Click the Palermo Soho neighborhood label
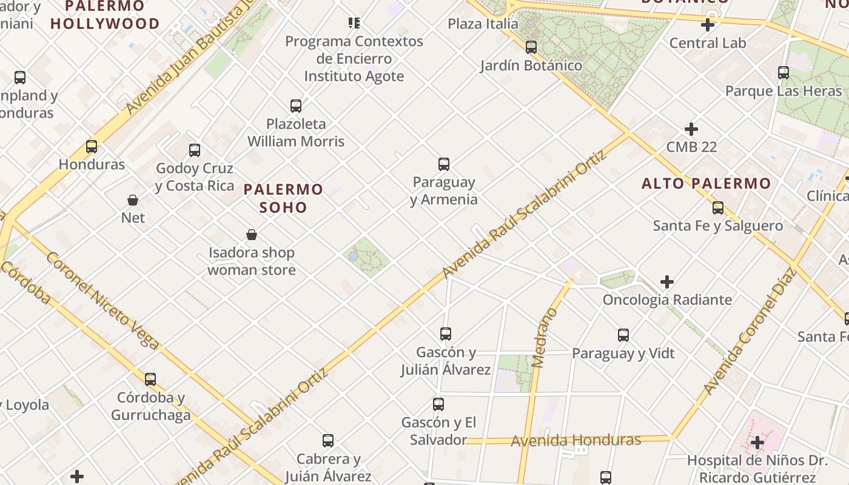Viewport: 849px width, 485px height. (x=283, y=198)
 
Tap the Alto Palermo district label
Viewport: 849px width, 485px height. (x=706, y=183)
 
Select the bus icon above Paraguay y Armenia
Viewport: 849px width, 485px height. (x=444, y=164)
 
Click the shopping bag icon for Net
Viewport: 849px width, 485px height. (x=133, y=199)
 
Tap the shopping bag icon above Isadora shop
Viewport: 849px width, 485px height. (x=252, y=235)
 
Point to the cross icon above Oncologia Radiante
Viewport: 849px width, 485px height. (x=667, y=282)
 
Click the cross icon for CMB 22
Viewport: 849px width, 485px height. (x=691, y=129)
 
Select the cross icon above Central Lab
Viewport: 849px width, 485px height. (x=707, y=25)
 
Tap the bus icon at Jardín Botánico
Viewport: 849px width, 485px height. (x=531, y=47)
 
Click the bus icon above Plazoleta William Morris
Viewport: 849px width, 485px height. (x=296, y=106)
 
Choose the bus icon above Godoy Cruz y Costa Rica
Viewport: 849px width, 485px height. (x=195, y=150)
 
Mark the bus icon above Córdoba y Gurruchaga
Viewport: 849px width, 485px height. (x=150, y=380)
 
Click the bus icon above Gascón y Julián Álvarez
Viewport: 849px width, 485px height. (x=446, y=333)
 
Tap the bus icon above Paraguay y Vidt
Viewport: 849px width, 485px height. (x=623, y=335)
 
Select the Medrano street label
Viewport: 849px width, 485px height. (x=544, y=338)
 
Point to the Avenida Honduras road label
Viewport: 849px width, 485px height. (x=576, y=440)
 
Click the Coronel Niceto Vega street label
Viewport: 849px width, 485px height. (x=102, y=301)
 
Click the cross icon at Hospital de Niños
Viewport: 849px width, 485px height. (x=757, y=443)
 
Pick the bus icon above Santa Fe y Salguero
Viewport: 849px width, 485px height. (x=718, y=208)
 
